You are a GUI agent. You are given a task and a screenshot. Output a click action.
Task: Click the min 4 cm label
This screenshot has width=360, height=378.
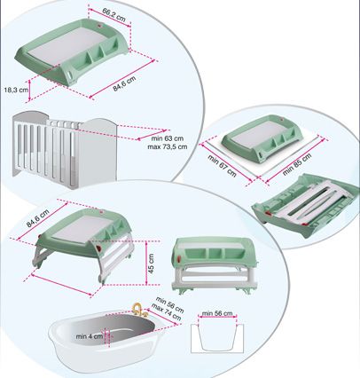[x=89, y=335]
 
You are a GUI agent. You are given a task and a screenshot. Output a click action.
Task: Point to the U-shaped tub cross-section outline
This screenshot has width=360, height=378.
[x=216, y=342]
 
